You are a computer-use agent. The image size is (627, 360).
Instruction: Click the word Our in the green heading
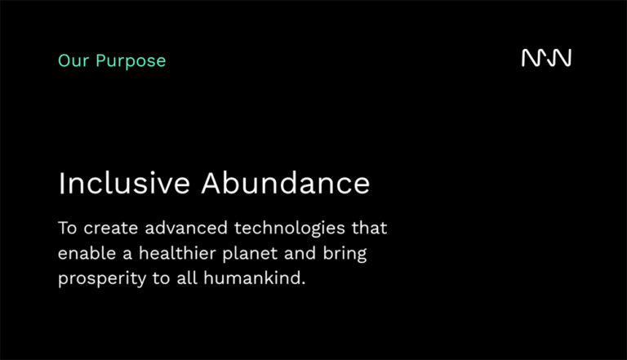(x=73, y=60)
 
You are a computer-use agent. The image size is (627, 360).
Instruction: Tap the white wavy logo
(x=546, y=58)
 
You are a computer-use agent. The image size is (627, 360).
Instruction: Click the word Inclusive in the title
(x=124, y=183)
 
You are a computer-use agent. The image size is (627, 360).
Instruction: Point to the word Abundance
(x=286, y=183)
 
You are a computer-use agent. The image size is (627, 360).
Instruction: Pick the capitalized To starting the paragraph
(x=67, y=228)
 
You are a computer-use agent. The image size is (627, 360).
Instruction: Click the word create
(x=111, y=229)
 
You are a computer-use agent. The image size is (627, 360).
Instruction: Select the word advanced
(x=186, y=228)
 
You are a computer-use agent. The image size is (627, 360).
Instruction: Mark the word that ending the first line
(x=369, y=228)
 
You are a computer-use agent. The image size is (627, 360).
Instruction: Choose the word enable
(x=87, y=253)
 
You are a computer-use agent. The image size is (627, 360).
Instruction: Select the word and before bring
(x=300, y=253)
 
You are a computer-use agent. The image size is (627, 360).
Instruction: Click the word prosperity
(x=102, y=279)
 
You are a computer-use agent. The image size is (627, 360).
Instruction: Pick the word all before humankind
(x=187, y=278)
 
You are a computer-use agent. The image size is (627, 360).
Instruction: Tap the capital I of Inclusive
(x=61, y=183)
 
